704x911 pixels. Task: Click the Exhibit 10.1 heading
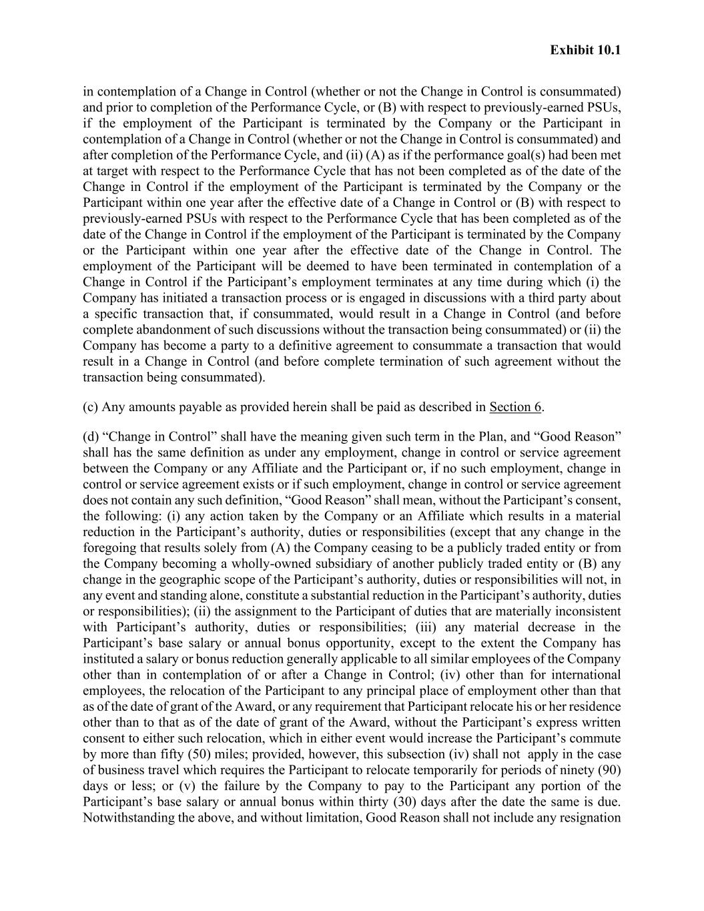coord(585,50)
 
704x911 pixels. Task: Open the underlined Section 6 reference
coord(516,407)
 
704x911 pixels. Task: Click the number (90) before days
coord(609,770)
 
